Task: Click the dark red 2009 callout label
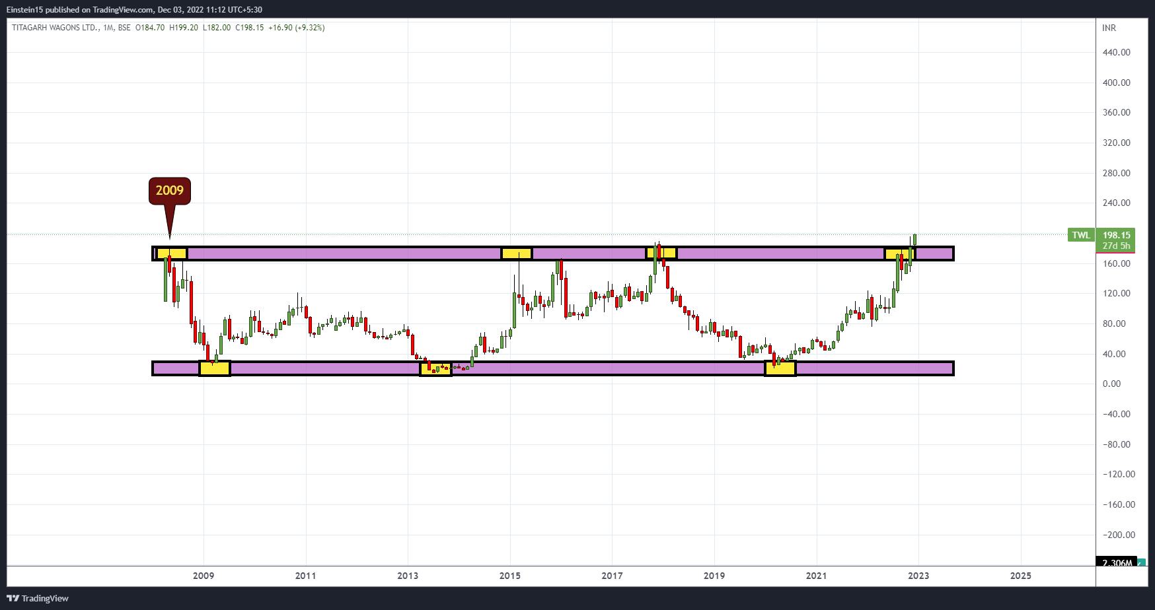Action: click(170, 191)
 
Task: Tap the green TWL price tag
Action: click(1081, 235)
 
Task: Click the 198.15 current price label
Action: click(1116, 235)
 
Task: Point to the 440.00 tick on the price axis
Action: click(1116, 52)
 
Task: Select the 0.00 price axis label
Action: click(1111, 384)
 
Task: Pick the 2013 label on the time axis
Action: click(408, 576)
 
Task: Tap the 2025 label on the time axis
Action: click(1020, 576)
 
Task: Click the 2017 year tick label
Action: click(612, 576)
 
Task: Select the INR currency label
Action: click(1109, 28)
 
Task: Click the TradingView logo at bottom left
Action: click(38, 598)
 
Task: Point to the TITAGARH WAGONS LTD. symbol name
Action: click(56, 28)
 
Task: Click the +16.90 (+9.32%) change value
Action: click(296, 28)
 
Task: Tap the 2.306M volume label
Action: click(1117, 562)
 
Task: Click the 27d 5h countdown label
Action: click(1116, 246)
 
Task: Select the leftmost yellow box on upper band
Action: click(172, 254)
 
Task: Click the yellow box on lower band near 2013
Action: click(436, 368)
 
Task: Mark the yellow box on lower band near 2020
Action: click(780, 368)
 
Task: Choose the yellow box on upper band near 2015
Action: click(517, 254)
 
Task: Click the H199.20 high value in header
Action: click(184, 28)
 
